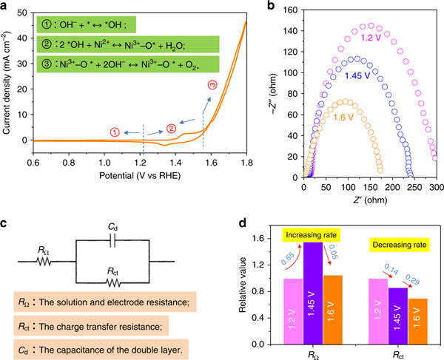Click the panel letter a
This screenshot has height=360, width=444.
pos(6,7)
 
